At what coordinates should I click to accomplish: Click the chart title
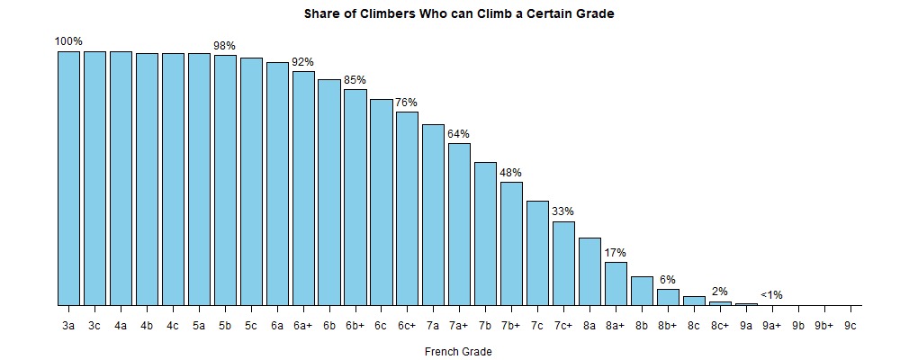click(x=459, y=14)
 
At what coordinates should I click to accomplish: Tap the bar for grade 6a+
click(x=303, y=188)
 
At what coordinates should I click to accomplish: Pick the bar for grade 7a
click(x=434, y=215)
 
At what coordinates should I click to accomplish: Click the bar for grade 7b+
click(x=511, y=244)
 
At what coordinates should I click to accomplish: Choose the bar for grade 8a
click(x=589, y=272)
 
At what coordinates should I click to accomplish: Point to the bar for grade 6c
click(x=382, y=202)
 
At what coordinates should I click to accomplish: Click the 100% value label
click(x=68, y=41)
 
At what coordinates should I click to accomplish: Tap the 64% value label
click(x=459, y=134)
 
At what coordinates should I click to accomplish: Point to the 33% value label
click(x=563, y=211)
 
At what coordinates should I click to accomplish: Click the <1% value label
click(x=771, y=294)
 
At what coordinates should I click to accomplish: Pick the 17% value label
click(x=616, y=252)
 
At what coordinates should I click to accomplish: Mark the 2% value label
click(x=720, y=291)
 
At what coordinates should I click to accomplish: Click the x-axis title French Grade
click(x=459, y=351)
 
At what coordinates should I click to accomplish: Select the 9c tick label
click(x=850, y=325)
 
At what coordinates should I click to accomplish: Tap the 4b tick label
click(x=147, y=325)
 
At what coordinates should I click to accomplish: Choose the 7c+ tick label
click(x=563, y=325)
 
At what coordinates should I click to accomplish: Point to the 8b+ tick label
click(x=668, y=325)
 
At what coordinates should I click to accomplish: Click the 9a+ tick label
click(x=772, y=325)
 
